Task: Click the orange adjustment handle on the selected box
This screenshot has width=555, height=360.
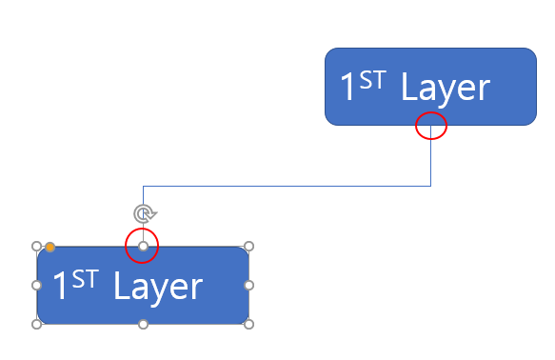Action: (x=50, y=247)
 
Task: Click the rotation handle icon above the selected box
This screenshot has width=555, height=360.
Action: (x=145, y=213)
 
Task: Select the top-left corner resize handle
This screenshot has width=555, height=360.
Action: (x=36, y=246)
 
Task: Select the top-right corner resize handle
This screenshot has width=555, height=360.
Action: (x=248, y=246)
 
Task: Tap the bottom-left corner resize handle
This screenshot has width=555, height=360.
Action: (x=36, y=324)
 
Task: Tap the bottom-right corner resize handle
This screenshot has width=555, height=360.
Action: (x=248, y=324)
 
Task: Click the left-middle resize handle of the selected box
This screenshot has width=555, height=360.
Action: (x=36, y=285)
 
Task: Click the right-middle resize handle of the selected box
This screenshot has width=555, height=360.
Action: (x=248, y=285)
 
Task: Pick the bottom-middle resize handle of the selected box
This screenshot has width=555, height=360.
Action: (x=143, y=324)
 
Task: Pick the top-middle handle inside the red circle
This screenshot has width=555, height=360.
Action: (x=143, y=246)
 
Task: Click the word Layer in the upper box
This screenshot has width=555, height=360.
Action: (x=446, y=89)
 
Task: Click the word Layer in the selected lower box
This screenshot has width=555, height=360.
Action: (x=158, y=288)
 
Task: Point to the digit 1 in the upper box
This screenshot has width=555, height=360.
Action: (x=347, y=86)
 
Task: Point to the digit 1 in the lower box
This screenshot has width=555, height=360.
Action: (x=59, y=285)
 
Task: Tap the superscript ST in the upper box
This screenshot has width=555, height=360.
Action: (x=372, y=80)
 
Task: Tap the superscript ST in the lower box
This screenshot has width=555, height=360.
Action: (x=85, y=279)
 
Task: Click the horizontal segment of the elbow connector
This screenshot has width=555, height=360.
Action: (x=287, y=186)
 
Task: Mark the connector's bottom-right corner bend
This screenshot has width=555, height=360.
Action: (x=430, y=186)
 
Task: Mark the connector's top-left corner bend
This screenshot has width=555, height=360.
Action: (x=143, y=186)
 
